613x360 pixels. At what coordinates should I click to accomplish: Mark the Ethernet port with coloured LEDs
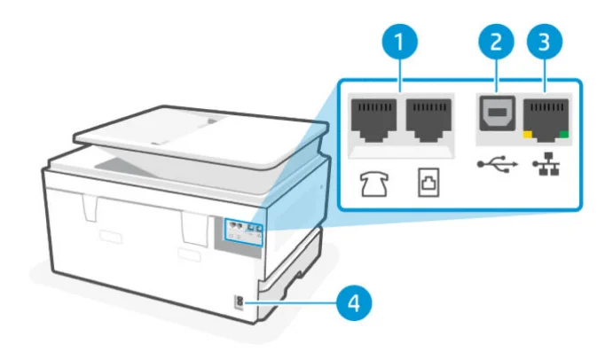[x=544, y=115]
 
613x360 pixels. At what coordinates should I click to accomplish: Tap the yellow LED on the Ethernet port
[x=528, y=135]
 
